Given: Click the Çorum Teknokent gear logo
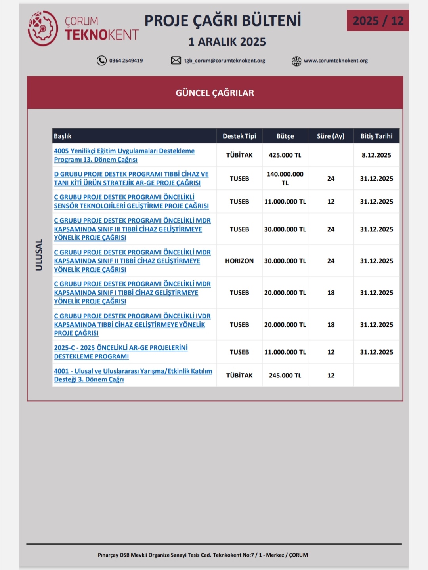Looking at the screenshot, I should pos(43,29).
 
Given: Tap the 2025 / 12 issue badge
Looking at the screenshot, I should pos(378,21).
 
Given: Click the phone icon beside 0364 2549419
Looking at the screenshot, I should pos(101,61).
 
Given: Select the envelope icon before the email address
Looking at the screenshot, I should pos(176,61).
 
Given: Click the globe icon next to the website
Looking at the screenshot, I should pos(296,61).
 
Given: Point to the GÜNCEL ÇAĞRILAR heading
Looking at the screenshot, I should pos(215,93).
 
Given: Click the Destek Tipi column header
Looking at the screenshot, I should pos(239,136).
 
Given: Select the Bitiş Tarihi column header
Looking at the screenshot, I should pos(376,136).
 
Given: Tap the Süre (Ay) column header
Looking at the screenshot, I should pos(331,136).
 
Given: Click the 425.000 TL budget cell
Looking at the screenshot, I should pos(285,155).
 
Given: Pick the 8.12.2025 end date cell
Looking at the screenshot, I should pos(376,155).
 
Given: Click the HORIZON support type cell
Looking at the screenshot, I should pos(239,261).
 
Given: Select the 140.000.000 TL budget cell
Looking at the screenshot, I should pos(285,178).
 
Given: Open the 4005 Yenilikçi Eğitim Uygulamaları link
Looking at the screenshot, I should pos(124,155).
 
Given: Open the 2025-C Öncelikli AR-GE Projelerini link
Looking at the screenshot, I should pos(121,352).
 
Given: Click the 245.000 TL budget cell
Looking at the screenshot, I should pos(285,376).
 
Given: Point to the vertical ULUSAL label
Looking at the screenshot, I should pos(39,255).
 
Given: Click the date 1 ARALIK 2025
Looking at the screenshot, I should pos(227,42).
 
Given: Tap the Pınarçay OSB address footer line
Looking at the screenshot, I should pos(203,555).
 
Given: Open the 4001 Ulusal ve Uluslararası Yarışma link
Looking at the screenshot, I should pos(133,375).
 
